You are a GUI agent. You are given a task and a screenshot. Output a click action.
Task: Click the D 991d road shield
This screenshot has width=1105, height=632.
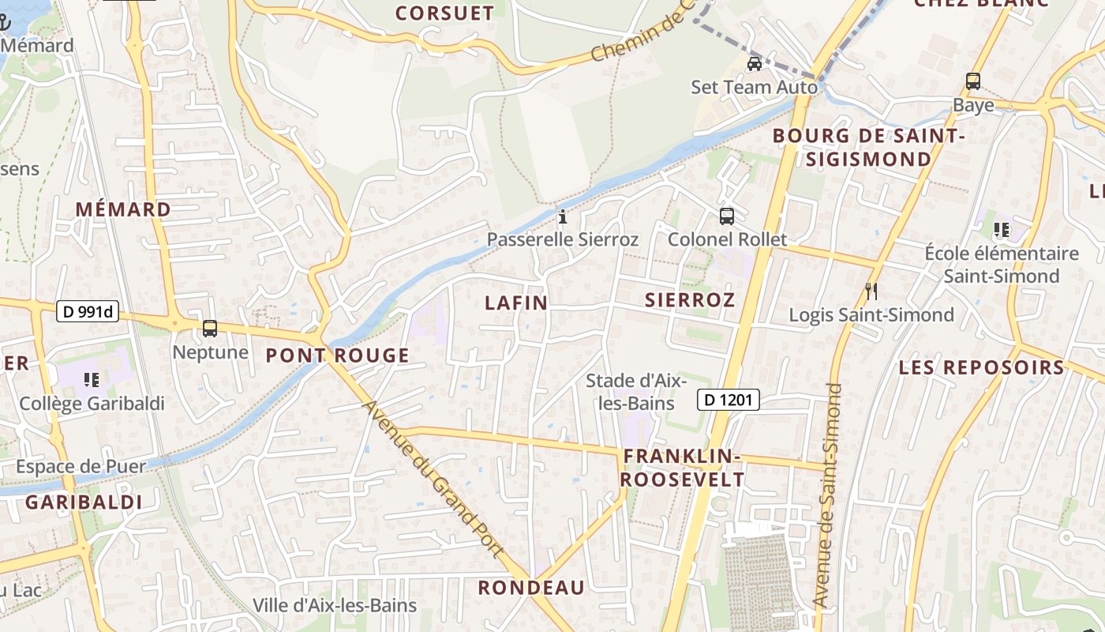(88, 312)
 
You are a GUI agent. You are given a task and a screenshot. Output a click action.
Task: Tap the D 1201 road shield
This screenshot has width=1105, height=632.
(728, 401)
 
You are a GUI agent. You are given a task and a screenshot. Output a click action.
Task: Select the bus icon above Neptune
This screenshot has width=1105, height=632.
(210, 329)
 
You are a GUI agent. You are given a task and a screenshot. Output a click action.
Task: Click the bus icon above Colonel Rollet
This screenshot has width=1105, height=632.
(727, 216)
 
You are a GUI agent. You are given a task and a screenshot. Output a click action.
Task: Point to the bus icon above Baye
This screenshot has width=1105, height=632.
(973, 81)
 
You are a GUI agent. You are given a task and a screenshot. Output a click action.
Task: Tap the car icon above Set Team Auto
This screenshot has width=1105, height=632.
(755, 64)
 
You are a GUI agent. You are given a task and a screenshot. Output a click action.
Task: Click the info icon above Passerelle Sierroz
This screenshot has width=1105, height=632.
(563, 216)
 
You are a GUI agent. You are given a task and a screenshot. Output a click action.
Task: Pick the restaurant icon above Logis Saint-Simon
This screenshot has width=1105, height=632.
(871, 292)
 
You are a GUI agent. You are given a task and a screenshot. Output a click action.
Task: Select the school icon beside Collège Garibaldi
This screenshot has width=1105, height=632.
(92, 380)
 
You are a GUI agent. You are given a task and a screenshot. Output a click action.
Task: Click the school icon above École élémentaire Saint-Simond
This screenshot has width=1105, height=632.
(1002, 230)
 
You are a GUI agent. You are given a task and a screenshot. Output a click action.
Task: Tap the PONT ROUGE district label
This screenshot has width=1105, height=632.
(337, 355)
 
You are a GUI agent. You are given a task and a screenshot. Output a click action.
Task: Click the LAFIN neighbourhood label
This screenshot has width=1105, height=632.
(516, 303)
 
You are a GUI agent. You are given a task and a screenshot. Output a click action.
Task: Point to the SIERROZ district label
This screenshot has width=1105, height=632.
(690, 300)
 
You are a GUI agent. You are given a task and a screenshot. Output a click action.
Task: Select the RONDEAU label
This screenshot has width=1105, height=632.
(531, 588)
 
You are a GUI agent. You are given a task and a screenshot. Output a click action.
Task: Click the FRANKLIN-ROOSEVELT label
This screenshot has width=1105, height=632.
(682, 468)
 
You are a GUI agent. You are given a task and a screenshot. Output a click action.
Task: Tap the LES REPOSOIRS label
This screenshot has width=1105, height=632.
(982, 367)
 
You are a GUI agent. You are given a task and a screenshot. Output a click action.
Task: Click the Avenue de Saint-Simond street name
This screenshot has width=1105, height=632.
(826, 495)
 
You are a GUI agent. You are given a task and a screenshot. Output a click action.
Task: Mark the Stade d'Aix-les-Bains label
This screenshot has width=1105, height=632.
(630, 392)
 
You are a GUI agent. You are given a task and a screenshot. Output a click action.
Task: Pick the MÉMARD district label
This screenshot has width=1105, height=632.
(123, 209)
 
